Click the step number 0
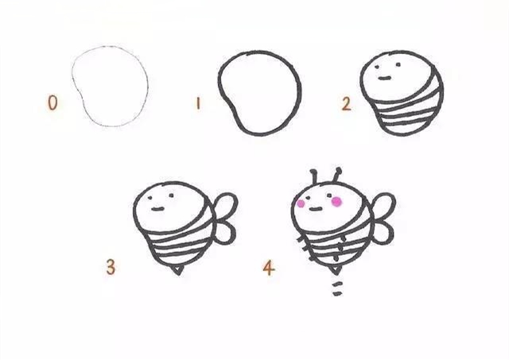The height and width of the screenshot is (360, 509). tap(52, 103)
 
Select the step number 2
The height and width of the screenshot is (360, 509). tap(346, 103)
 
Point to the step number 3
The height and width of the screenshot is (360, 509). tap(111, 267)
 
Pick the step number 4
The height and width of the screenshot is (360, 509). tap(269, 268)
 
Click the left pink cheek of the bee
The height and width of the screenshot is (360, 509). tap(301, 203)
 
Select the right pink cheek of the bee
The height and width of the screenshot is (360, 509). tap(336, 202)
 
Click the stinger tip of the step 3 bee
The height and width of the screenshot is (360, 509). tap(177, 272)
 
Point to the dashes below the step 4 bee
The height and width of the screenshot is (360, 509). tap(336, 286)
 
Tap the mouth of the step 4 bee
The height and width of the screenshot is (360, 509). tap(317, 208)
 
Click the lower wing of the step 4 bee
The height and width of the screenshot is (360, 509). tap(384, 231)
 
